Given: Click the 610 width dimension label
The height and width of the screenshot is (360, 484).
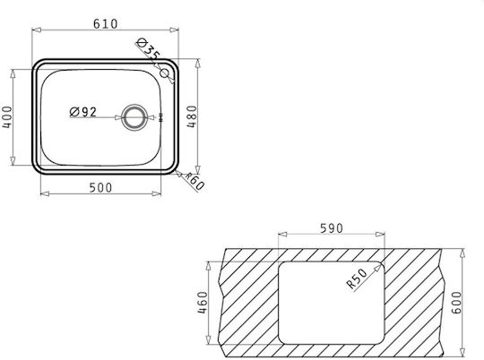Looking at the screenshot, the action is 105,24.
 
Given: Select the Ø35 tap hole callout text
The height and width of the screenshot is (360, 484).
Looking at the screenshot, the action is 148,48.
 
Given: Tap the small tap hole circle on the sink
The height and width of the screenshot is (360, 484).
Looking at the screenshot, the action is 165,73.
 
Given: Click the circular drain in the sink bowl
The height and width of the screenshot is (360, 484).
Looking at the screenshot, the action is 134,117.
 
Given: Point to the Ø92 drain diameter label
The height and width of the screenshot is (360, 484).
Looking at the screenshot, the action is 83,112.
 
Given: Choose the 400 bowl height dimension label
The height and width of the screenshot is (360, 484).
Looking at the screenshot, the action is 7,117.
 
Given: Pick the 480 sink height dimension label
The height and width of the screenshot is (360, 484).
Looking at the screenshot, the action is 192,116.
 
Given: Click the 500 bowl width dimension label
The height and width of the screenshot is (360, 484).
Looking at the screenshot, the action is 100,187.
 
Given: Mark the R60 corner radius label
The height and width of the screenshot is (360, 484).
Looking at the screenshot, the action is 194,182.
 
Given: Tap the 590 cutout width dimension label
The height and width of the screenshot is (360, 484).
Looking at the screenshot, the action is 332,228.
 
